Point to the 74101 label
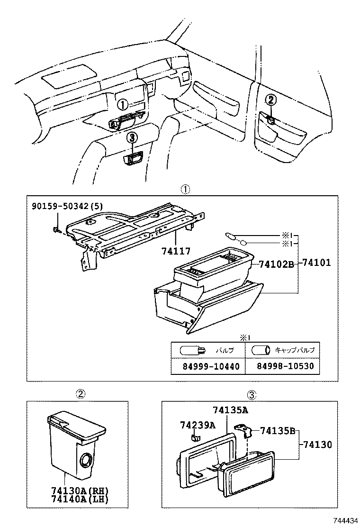(x=316, y=263)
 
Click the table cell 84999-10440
(x=208, y=366)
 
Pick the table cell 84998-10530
(x=283, y=366)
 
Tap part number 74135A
(x=231, y=410)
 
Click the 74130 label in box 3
(x=318, y=445)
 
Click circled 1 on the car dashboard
(x=122, y=105)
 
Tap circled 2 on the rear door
(x=270, y=100)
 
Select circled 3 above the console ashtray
(x=133, y=137)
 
